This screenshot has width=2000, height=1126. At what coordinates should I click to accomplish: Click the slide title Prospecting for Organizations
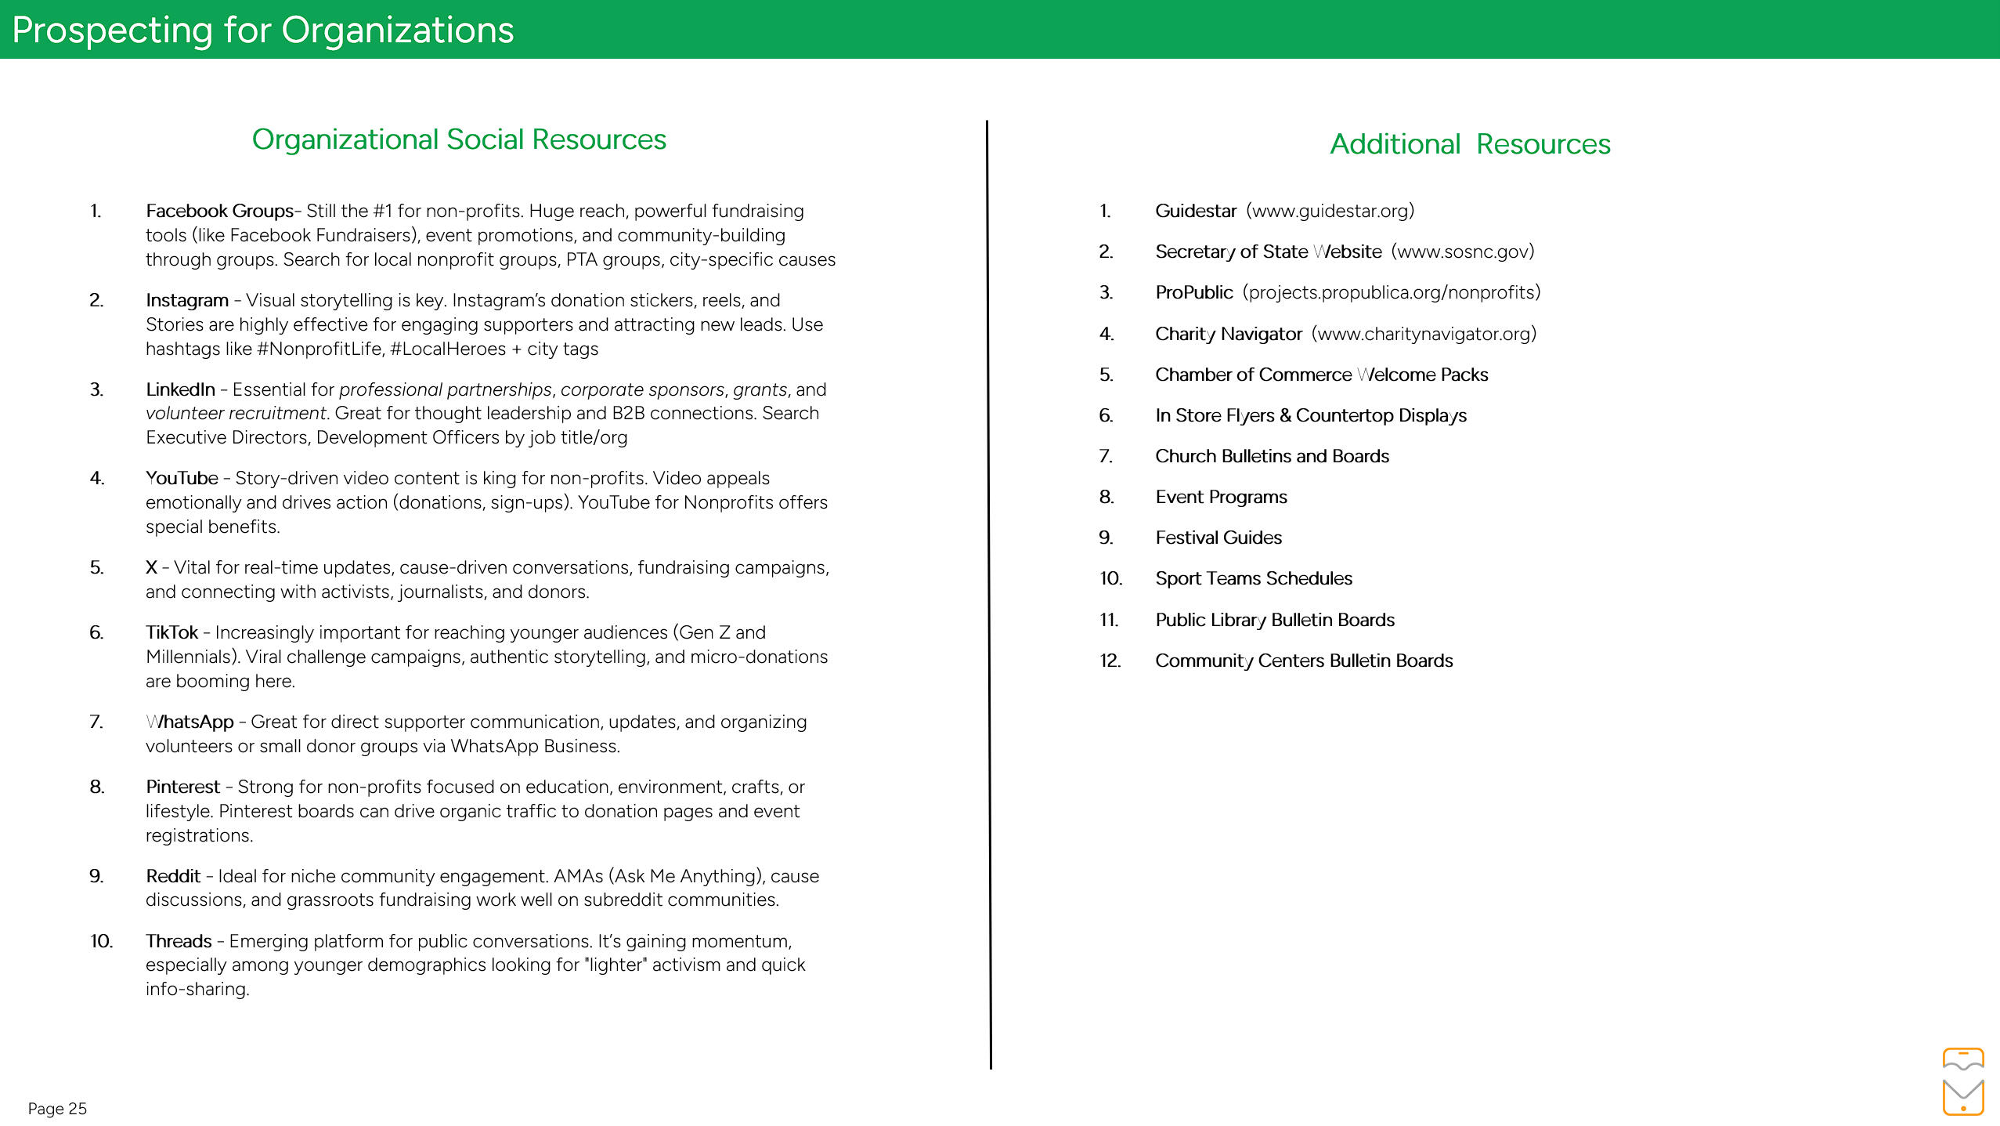click(x=263, y=31)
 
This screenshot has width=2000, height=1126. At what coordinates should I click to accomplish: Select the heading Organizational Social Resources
click(x=459, y=139)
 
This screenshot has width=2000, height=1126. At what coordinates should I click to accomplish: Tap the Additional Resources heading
click(x=1470, y=144)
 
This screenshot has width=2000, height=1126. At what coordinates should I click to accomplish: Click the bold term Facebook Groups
click(x=219, y=211)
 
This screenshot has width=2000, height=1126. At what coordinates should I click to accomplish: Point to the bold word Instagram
click(x=187, y=300)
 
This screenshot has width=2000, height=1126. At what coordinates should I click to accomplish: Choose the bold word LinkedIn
click(x=180, y=389)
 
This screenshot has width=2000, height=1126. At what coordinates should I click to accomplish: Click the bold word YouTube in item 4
click(x=182, y=478)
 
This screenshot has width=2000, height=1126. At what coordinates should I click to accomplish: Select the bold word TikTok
click(x=171, y=632)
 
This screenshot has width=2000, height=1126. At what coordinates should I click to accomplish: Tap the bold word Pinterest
click(x=182, y=787)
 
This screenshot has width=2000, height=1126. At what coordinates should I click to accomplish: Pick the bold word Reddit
click(x=173, y=876)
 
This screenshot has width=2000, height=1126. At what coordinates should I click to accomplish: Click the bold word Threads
click(x=179, y=941)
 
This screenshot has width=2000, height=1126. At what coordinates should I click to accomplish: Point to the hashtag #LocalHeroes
click(x=448, y=349)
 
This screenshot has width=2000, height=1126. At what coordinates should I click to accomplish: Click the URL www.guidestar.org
click(x=1330, y=211)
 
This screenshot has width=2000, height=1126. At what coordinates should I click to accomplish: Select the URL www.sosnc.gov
click(x=1463, y=252)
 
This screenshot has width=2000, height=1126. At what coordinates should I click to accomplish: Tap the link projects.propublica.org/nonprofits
click(x=1392, y=292)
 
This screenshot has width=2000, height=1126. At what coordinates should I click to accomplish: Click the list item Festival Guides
click(x=1218, y=538)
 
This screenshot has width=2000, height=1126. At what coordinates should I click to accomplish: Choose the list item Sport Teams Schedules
click(x=1254, y=578)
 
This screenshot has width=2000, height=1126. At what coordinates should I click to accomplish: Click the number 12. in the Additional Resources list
click(x=1110, y=661)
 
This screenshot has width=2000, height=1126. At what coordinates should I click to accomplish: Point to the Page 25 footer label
click(x=57, y=1109)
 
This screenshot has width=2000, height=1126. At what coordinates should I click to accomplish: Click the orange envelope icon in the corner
click(x=1962, y=1096)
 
